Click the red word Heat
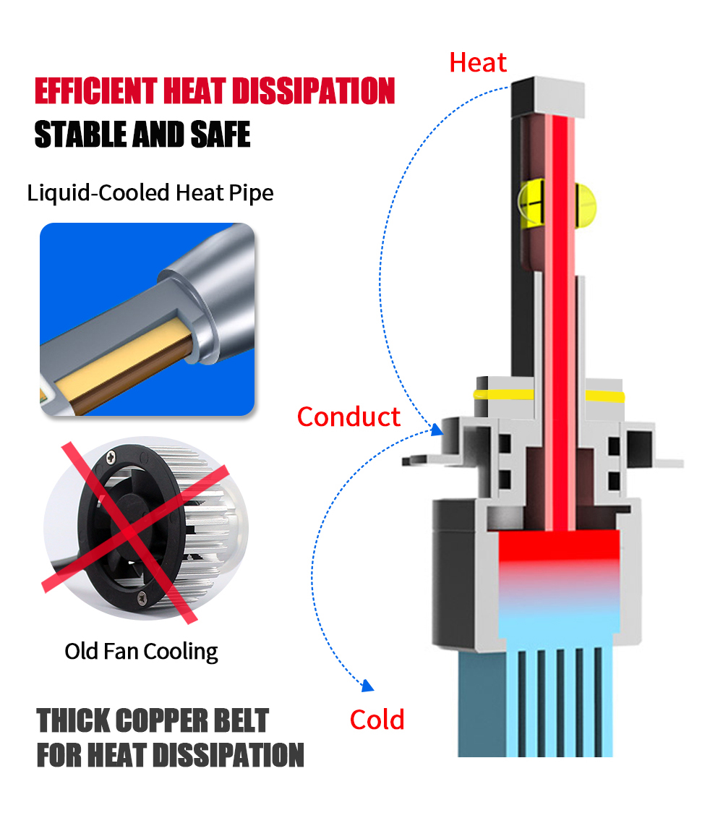[x=477, y=63]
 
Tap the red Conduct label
[x=348, y=417]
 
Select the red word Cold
[x=377, y=720]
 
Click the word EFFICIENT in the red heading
[x=96, y=91]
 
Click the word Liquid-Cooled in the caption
[x=98, y=193]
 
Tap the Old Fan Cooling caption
[x=141, y=652]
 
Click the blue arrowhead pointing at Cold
[x=368, y=686]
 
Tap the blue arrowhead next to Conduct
[x=437, y=430]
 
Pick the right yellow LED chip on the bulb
[x=586, y=205]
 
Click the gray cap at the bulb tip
[x=548, y=97]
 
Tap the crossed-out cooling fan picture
[x=145, y=528]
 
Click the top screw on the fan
[x=111, y=458]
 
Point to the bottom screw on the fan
[x=142, y=599]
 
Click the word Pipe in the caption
[x=251, y=194]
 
